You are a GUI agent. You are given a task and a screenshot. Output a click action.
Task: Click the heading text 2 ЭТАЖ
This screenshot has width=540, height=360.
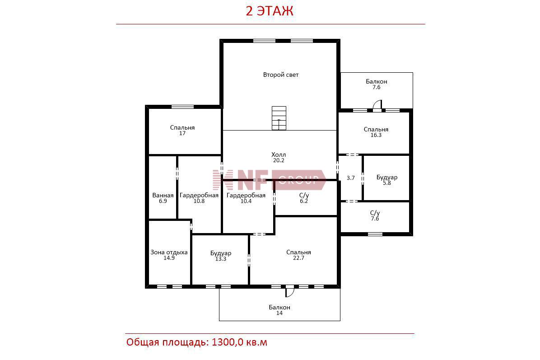click(269, 11)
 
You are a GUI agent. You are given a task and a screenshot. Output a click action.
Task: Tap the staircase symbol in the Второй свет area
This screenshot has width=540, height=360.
click(279, 118)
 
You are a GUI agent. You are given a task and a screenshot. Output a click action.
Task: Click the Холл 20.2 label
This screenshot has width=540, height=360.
click(279, 158)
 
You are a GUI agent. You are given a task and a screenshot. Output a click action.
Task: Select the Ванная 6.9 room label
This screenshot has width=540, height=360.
click(163, 198)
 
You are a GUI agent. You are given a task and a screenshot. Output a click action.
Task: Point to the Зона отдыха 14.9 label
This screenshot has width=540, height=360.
click(169, 255)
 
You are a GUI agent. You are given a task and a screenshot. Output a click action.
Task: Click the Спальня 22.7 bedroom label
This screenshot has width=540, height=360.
click(298, 255)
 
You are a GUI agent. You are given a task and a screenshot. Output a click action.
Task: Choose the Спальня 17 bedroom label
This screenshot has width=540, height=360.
click(182, 130)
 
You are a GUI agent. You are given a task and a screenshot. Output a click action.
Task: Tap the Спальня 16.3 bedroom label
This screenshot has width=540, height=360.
click(376, 132)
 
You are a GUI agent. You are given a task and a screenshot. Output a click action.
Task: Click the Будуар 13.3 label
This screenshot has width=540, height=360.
click(221, 256)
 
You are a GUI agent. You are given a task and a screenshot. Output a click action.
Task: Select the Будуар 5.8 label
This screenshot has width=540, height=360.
click(387, 180)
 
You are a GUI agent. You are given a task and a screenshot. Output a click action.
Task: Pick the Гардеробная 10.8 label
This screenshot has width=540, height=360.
click(199, 198)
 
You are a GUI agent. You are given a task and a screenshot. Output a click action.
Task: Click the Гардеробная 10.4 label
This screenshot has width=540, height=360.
click(246, 198)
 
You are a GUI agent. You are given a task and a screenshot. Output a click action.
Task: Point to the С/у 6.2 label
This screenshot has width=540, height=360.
click(304, 198)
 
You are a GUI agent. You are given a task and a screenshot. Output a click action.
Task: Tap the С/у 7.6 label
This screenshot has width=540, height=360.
click(375, 215)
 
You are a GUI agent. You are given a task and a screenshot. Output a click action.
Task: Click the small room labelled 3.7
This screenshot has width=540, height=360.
click(350, 178)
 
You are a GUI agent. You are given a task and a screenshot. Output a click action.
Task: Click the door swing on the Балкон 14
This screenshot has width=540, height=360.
click(289, 292)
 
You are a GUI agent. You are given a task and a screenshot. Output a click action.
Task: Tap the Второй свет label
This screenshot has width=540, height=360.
click(281, 75)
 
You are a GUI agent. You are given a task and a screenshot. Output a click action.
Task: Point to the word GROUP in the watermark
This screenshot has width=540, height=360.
click(298, 179)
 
